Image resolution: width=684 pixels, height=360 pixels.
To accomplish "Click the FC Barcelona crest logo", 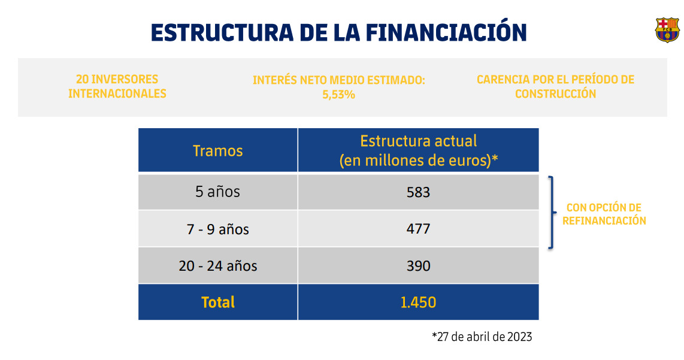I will (x=667, y=30).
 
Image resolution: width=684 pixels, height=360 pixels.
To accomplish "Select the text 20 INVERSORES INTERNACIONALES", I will (x=117, y=86).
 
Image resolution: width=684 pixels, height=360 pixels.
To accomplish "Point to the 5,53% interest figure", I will (x=338, y=95).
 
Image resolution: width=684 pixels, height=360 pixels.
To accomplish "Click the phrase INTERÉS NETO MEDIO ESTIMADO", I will (x=338, y=80).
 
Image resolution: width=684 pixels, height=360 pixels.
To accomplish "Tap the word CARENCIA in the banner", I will (x=503, y=80).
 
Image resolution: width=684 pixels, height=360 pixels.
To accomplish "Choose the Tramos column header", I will (x=217, y=150).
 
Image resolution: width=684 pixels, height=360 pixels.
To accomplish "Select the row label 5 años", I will (x=217, y=192).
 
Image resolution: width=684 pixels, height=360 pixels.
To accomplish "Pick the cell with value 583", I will (x=418, y=192).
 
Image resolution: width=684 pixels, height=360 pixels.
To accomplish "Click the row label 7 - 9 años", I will (x=217, y=229).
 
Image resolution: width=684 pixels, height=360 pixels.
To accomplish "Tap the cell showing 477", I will (x=418, y=229).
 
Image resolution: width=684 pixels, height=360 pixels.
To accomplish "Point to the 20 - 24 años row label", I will (x=217, y=266).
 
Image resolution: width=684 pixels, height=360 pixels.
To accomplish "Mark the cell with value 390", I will (x=418, y=266).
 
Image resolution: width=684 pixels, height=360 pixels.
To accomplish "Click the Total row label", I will (x=217, y=302).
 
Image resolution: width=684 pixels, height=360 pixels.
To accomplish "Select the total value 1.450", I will (x=418, y=302).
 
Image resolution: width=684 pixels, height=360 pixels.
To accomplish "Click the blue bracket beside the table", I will (x=552, y=212).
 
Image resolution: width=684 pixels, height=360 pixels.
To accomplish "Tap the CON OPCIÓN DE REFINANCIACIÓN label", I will (x=603, y=214).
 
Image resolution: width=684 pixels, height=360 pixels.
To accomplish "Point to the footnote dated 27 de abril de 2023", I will (x=482, y=337).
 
